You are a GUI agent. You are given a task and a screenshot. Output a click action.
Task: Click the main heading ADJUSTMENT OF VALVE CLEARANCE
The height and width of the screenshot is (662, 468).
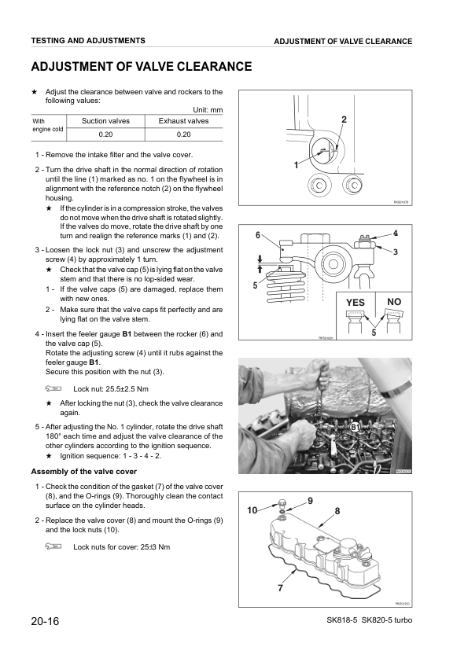(141, 67)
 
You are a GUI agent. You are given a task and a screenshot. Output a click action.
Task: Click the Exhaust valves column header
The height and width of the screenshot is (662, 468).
(183, 121)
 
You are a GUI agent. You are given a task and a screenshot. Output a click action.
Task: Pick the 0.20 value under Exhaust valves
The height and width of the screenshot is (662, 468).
(183, 134)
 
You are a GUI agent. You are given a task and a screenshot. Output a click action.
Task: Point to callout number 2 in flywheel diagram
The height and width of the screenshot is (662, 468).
(344, 119)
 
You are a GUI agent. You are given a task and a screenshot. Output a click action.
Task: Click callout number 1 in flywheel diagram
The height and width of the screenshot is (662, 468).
(296, 166)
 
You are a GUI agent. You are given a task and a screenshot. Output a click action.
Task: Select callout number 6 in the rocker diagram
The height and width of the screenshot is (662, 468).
(258, 236)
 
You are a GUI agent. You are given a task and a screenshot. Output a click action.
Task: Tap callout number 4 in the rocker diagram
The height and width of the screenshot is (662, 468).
(396, 233)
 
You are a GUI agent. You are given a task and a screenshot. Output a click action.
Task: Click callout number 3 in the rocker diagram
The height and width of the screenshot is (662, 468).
(396, 252)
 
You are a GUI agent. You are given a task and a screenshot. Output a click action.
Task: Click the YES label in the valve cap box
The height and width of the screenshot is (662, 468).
(356, 302)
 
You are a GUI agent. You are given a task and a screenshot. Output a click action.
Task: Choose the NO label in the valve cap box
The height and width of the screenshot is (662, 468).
(395, 301)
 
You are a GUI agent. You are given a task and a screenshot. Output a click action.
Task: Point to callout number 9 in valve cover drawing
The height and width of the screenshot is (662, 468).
(310, 501)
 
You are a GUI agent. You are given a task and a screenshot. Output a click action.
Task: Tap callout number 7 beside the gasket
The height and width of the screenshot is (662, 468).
(279, 588)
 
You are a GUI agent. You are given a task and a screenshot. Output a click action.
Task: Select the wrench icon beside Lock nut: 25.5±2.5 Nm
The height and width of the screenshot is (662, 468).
(52, 388)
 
